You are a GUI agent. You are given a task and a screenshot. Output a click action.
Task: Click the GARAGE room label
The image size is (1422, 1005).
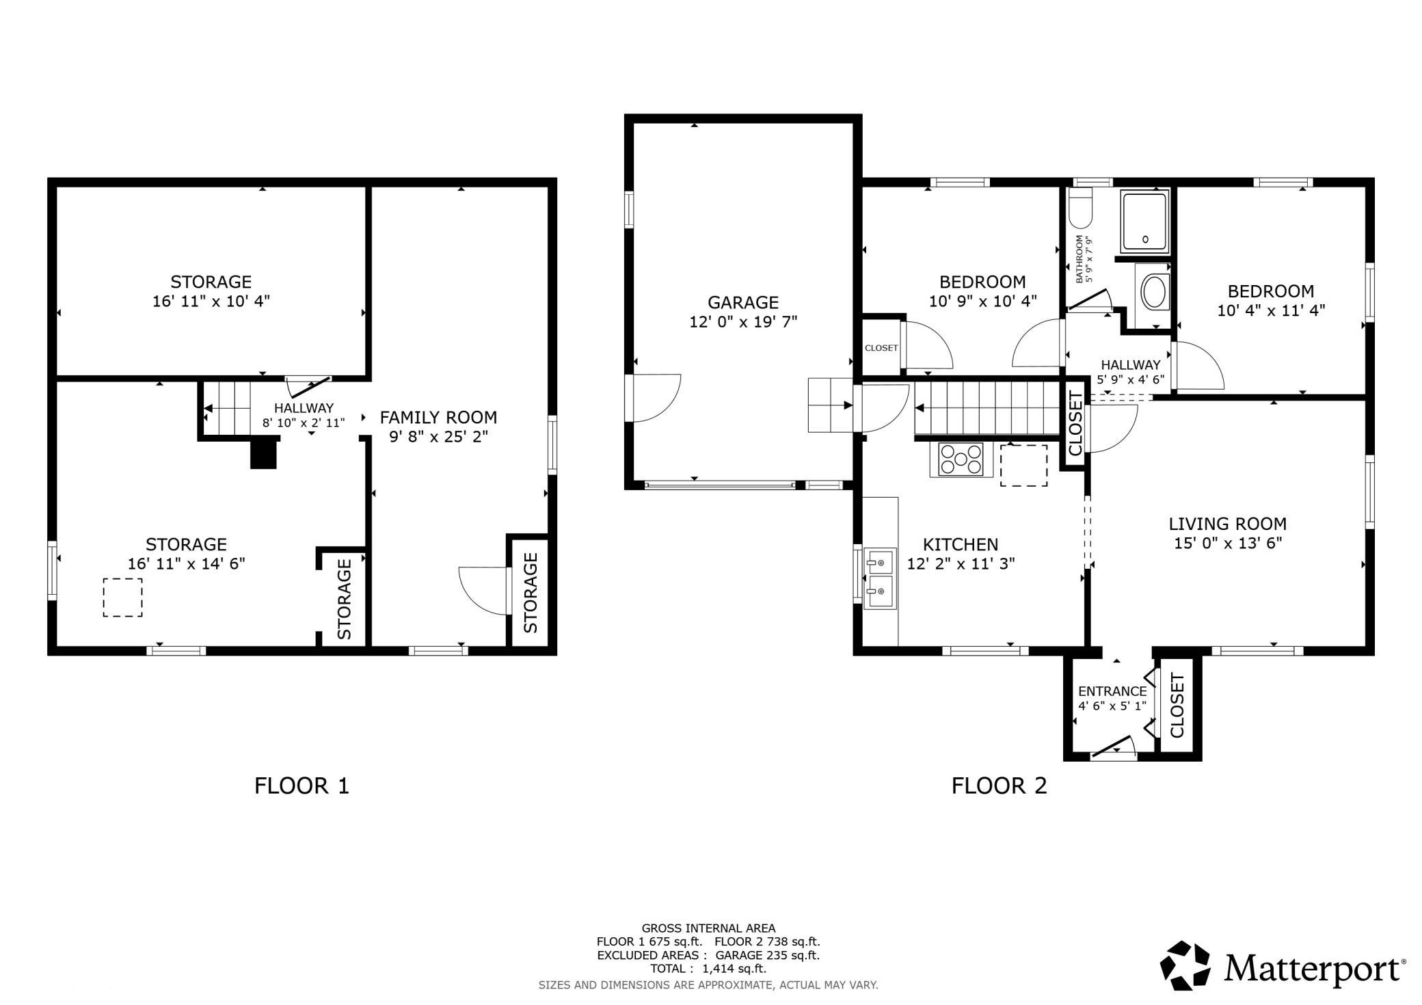point(743,302)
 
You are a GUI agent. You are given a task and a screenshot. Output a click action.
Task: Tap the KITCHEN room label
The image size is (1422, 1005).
point(961,544)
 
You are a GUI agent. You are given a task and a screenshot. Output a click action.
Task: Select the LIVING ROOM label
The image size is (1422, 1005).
point(1228,524)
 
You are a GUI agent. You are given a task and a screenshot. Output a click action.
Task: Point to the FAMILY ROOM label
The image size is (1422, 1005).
point(438,417)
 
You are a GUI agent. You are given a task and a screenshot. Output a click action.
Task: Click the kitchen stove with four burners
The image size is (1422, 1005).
point(961,459)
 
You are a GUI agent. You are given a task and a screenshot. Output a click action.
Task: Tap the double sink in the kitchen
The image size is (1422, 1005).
point(880,578)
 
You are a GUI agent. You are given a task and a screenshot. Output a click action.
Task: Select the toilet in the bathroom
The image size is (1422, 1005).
point(1081,208)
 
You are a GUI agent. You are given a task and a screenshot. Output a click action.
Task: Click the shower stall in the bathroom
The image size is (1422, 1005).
point(1144,222)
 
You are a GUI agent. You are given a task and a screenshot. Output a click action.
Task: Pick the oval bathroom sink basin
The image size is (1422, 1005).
point(1155,292)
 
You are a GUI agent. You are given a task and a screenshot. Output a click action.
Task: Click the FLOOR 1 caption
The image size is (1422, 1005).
point(301,786)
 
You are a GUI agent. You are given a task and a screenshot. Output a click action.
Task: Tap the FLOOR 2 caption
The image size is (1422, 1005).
point(999,786)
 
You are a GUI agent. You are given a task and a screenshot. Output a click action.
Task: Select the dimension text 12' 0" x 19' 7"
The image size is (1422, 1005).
point(743,321)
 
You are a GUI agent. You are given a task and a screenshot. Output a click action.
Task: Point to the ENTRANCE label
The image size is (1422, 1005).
point(1112,691)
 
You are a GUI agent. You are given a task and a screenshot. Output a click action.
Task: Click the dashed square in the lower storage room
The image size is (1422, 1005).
point(123,598)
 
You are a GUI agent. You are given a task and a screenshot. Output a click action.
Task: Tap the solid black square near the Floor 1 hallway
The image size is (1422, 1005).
point(264,453)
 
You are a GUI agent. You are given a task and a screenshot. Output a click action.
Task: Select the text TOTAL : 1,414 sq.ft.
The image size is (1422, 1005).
point(708,969)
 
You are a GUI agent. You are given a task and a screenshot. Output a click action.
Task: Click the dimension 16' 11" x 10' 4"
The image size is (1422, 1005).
point(211,301)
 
